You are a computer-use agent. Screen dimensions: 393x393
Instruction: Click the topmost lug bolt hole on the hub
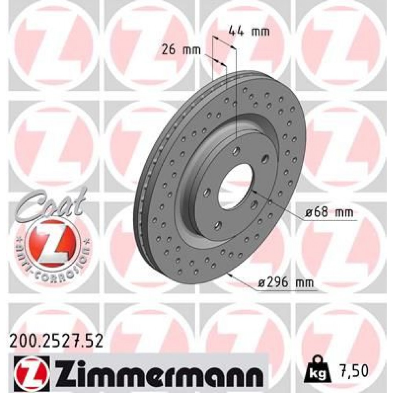(237, 151)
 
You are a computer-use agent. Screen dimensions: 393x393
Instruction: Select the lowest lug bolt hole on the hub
(219, 226)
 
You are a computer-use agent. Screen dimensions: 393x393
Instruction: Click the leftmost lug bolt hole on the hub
(207, 193)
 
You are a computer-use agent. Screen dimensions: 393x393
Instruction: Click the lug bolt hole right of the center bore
(254, 204)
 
